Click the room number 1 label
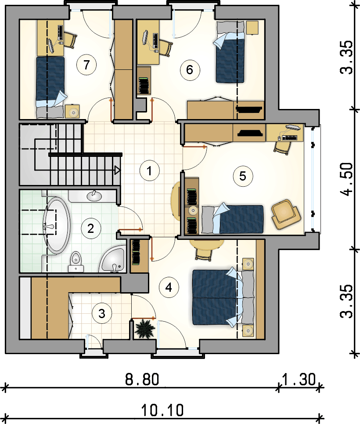tap(149, 170)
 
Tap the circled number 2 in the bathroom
tap(91, 228)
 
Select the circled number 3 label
tap(102, 314)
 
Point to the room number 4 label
tap(169, 287)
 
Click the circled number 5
tap(243, 176)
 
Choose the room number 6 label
tap(190, 70)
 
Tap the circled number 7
tap(86, 65)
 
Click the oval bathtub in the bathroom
tap(57, 225)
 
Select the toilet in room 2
tap(76, 261)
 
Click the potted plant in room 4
tap(144, 329)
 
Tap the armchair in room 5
tap(286, 214)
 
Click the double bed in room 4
tap(223, 297)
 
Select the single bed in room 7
tap(51, 87)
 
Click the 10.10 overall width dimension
tap(162, 410)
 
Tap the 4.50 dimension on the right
tap(347, 179)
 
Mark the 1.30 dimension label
tap(299, 379)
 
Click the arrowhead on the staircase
tap(118, 170)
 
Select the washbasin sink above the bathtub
tap(94, 196)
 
